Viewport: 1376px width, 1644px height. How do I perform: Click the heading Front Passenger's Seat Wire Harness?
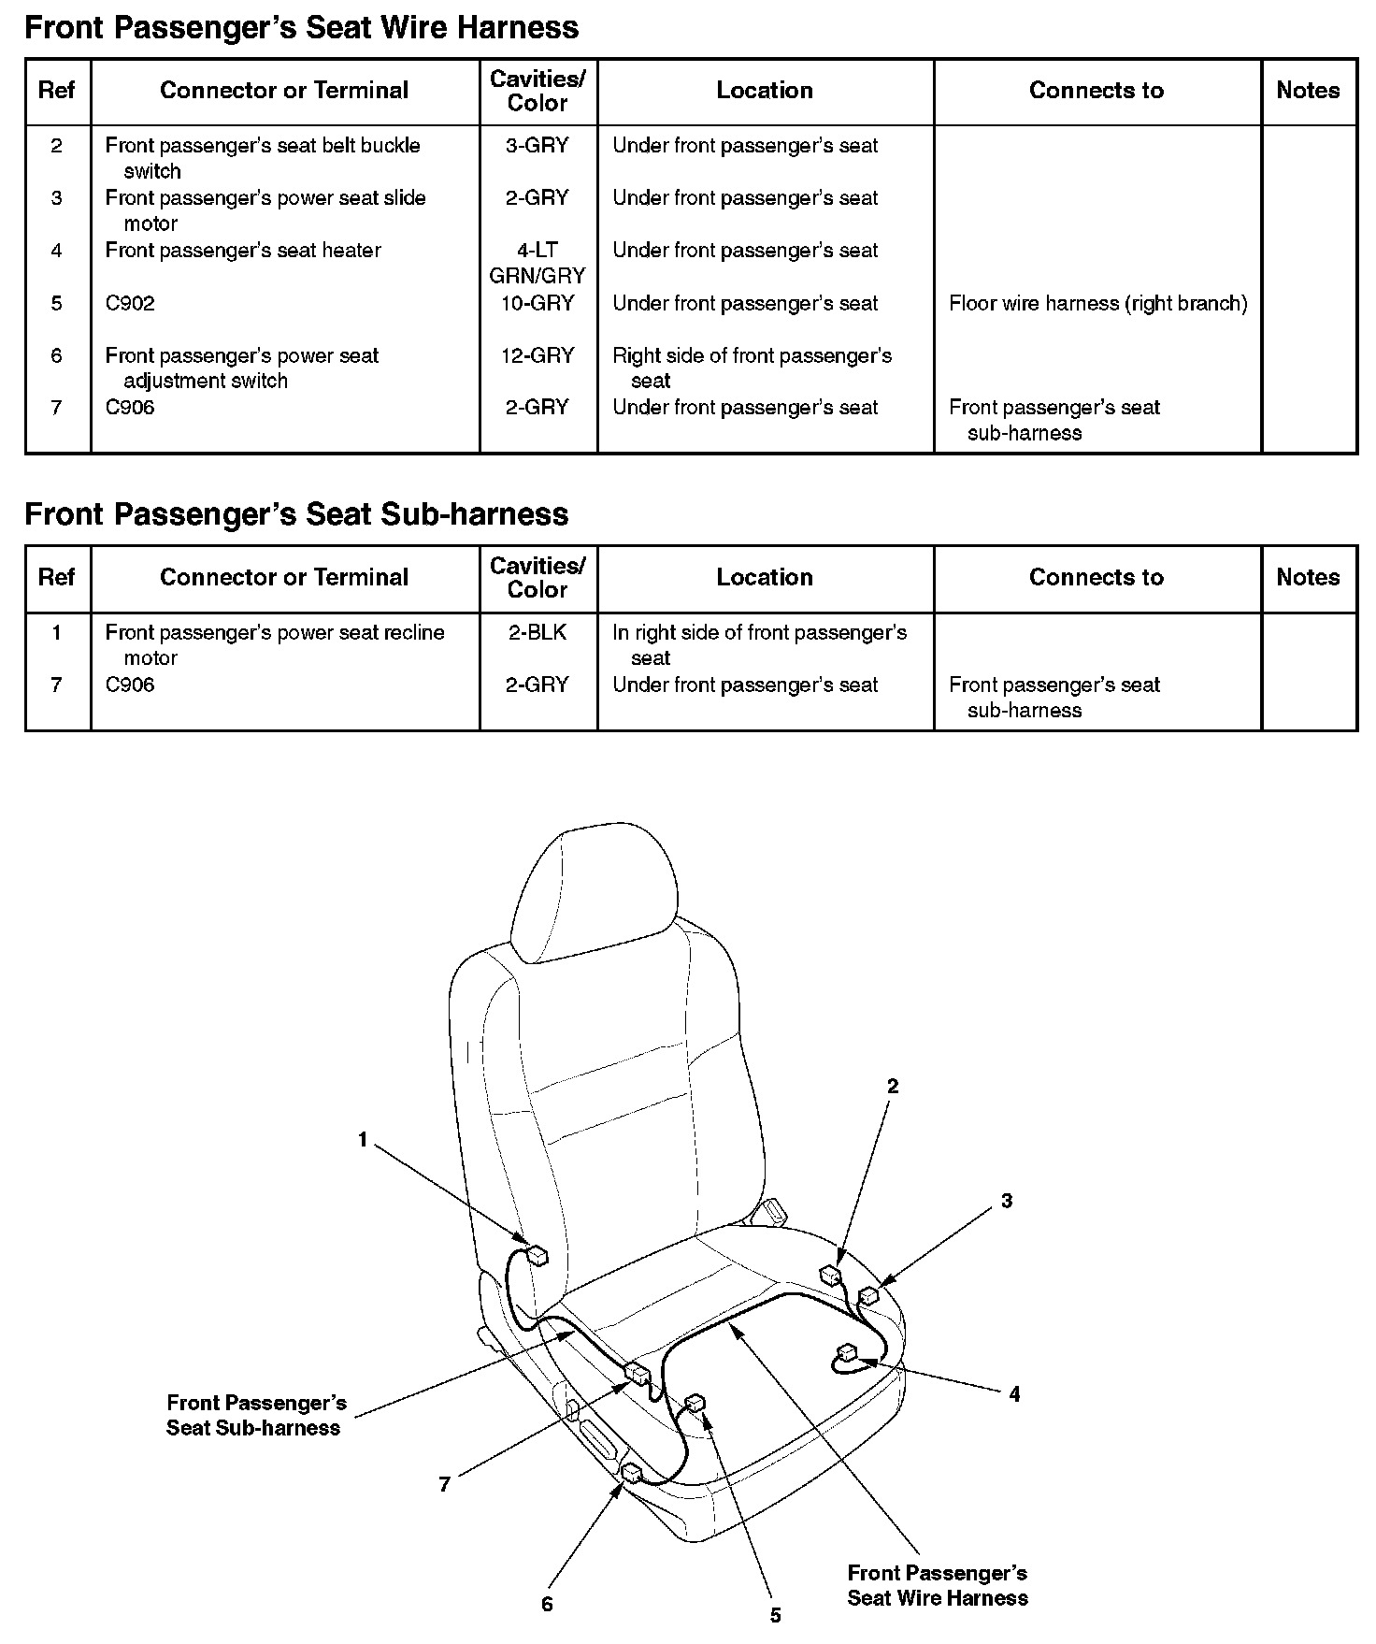301,27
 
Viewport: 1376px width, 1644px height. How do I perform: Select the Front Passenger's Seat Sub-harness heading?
296,513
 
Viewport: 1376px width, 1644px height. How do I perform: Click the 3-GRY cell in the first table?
537,146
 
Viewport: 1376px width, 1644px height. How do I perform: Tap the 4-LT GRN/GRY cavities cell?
537,263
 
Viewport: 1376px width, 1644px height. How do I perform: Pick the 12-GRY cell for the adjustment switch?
537,355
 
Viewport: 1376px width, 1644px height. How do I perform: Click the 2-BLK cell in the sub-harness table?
537,632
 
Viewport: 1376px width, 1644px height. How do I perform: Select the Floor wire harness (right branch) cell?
1097,303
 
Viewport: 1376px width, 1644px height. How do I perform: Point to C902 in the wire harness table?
130,303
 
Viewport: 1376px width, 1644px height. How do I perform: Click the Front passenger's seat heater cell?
243,251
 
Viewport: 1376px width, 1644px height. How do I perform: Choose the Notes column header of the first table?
1308,91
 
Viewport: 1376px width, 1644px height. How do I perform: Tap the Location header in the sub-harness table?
765,577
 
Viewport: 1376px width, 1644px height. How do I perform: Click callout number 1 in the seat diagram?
363,1140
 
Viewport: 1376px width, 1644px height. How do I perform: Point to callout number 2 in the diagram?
893,1086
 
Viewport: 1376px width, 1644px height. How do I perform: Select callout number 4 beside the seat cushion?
1014,1394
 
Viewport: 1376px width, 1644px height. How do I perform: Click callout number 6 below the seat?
547,1605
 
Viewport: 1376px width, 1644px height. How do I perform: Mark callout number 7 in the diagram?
445,1484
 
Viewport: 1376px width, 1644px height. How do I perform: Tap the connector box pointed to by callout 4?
848,1352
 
